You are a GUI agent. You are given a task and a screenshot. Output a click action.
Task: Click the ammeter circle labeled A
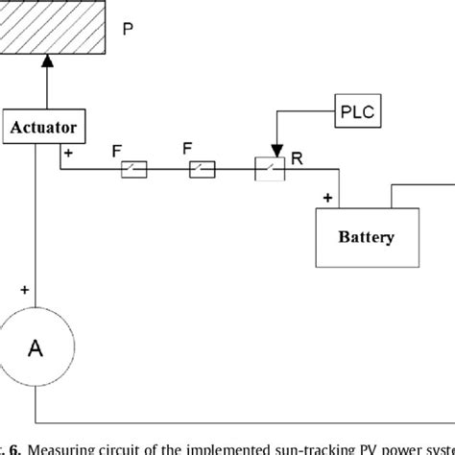pos(35,349)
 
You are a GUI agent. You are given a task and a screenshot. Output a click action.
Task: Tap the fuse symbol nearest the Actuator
pos(133,171)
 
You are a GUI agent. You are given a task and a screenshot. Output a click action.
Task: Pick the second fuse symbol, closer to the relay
pos(202,171)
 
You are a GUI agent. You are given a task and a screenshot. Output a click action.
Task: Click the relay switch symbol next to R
pos(270,171)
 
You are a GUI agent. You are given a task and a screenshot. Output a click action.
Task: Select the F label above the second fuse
pos(188,150)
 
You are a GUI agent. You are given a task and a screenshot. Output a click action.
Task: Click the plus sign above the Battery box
pos(328,199)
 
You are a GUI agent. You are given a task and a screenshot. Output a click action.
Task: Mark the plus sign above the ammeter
pos(23,288)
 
